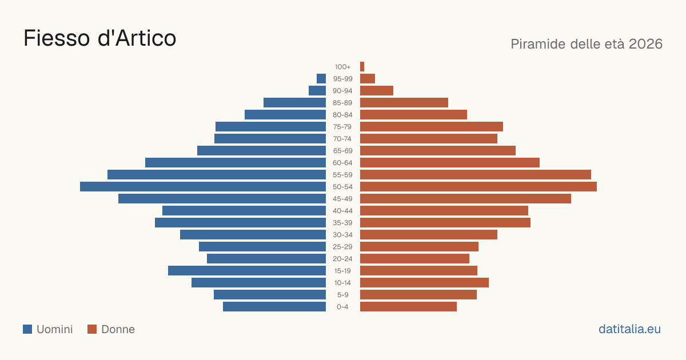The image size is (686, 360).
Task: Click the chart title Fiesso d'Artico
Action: click(x=100, y=38)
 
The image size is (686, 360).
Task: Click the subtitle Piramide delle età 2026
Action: click(x=587, y=44)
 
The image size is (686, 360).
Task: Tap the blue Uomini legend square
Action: click(x=27, y=329)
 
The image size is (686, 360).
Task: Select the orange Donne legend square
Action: click(x=92, y=329)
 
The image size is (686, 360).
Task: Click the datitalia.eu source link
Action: click(x=629, y=329)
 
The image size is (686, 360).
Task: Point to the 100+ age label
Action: click(x=342, y=67)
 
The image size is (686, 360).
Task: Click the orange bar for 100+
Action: click(x=362, y=66)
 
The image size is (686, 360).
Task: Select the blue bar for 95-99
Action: click(x=321, y=79)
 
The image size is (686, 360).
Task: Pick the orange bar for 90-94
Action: click(x=377, y=91)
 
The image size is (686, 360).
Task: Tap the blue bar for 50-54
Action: click(x=203, y=187)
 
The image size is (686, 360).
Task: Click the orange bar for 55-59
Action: click(x=476, y=174)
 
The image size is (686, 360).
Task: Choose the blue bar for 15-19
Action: click(x=247, y=271)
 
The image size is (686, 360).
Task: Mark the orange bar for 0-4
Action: click(x=408, y=307)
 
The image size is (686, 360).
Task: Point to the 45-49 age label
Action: click(x=342, y=199)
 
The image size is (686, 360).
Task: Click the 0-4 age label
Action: click(x=342, y=307)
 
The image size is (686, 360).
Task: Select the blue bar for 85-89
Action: click(x=294, y=102)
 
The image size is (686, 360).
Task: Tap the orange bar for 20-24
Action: click(x=414, y=259)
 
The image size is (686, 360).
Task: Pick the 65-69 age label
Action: click(x=342, y=151)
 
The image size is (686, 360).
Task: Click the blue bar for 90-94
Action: click(x=317, y=91)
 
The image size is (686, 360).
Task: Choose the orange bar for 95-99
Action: click(x=368, y=79)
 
